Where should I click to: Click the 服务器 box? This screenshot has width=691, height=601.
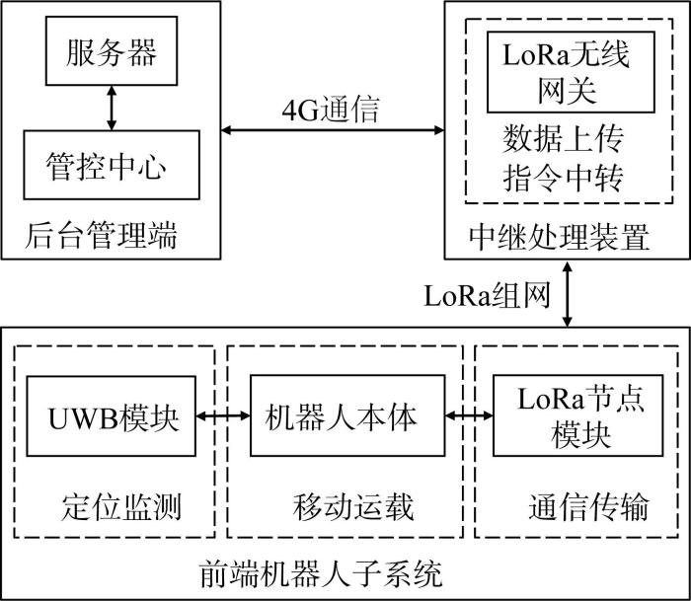tap(112, 50)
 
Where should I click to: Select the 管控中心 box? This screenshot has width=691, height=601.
tap(112, 165)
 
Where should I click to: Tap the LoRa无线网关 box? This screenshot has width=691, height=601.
tap(571, 72)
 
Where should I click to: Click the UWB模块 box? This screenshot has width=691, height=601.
tap(111, 415)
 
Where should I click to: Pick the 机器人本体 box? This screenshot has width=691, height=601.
tap(347, 415)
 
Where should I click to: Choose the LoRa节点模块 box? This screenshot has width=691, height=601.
tap(577, 415)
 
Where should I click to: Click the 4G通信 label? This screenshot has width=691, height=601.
tap(331, 110)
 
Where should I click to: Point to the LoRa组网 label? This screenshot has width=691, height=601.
tap(487, 295)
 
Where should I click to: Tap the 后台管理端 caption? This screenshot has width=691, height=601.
tap(101, 235)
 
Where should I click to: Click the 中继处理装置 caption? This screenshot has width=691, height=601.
tap(560, 237)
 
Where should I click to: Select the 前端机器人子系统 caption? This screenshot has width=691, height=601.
tap(321, 573)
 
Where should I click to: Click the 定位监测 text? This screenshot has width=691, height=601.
tap(121, 506)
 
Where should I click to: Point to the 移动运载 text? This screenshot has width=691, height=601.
tap(353, 506)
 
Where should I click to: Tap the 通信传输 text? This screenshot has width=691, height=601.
tap(588, 506)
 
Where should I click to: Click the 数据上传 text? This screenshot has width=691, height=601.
tap(564, 138)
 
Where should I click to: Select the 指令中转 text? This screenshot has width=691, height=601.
tap(564, 178)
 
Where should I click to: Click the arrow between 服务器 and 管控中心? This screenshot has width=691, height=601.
tap(112, 108)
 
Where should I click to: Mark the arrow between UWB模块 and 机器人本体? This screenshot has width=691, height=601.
tap(223, 415)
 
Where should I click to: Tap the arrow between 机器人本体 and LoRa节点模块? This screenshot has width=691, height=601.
tap(469, 415)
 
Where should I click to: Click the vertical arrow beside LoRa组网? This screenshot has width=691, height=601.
tap(568, 294)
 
